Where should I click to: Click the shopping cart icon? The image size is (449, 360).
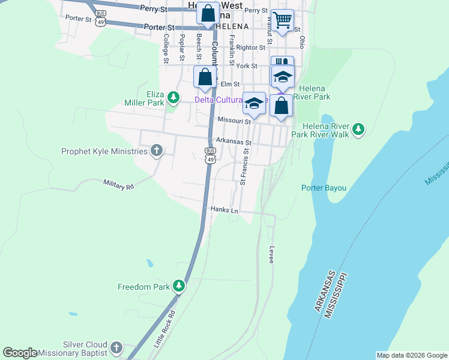pyautogui.click(x=282, y=20)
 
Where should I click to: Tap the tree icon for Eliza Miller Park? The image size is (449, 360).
pyautogui.click(x=173, y=97)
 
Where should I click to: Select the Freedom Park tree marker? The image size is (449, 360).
pyautogui.click(x=178, y=286)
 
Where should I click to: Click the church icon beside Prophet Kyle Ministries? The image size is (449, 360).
pyautogui.click(x=157, y=151)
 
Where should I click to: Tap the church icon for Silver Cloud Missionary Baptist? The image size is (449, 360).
pyautogui.click(x=116, y=347)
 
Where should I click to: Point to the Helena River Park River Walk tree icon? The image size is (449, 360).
pyautogui.click(x=358, y=129)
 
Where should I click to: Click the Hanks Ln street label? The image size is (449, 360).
pyautogui.click(x=224, y=209)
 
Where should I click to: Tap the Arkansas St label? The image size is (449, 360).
pyautogui.click(x=232, y=142)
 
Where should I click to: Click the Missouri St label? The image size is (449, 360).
pyautogui.click(x=234, y=121)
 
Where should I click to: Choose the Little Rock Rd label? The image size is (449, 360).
pyautogui.click(x=164, y=330)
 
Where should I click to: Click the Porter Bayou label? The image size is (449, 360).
pyautogui.click(x=324, y=188)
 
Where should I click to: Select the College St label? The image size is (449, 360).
pyautogui.click(x=166, y=48)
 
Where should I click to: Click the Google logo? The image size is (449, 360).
pyautogui.click(x=20, y=353)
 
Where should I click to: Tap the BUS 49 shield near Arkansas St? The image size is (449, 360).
pyautogui.click(x=209, y=155)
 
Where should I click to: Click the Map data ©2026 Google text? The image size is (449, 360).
pyautogui.click(x=411, y=355)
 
